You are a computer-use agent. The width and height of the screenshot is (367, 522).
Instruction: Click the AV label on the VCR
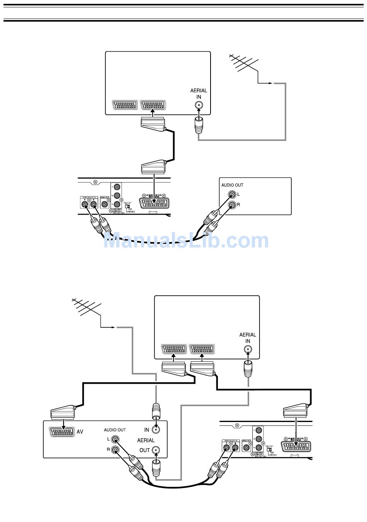[x=80, y=432]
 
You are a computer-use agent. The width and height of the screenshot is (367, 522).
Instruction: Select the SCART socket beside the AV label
[x=62, y=432]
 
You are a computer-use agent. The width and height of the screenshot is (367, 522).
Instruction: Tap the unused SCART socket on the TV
[x=125, y=105]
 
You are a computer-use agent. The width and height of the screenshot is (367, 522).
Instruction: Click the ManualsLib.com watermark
[x=186, y=241]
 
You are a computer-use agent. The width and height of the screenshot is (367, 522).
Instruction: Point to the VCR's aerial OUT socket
[x=156, y=450]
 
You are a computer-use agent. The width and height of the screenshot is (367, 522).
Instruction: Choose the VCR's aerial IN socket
[x=156, y=429]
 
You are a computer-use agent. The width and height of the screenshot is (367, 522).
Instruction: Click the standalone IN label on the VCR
[x=147, y=430]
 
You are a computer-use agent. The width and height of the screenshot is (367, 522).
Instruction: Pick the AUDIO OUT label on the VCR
[x=115, y=430]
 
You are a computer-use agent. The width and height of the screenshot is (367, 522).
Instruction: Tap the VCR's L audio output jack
[x=115, y=439]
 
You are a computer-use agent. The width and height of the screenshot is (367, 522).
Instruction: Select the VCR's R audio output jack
[x=115, y=449]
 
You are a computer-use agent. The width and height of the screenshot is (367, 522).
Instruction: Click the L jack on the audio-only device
[x=231, y=194]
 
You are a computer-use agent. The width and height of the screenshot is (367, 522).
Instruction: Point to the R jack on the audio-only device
[x=231, y=204]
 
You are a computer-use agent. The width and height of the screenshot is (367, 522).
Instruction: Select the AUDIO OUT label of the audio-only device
[x=232, y=185]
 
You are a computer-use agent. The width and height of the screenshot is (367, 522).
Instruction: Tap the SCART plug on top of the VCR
[x=63, y=412]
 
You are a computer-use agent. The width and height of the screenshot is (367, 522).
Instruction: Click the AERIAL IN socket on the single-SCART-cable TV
[x=199, y=105]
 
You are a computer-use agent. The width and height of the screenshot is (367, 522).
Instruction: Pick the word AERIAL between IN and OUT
[x=146, y=440]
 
